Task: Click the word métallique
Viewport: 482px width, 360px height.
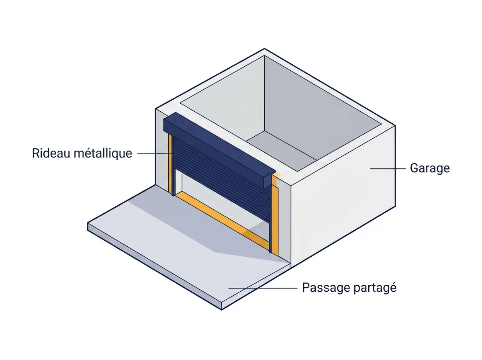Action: click(103, 154)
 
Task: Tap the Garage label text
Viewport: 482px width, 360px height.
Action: click(430, 168)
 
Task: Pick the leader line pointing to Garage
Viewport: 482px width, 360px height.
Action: click(388, 169)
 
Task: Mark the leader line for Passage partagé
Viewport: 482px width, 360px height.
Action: click(263, 288)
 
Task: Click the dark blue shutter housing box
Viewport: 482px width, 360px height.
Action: click(219, 151)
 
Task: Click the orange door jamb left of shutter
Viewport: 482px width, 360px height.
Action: click(170, 164)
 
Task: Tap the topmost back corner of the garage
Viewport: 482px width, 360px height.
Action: click(264, 49)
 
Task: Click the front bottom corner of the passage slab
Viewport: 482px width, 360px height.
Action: click(221, 310)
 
